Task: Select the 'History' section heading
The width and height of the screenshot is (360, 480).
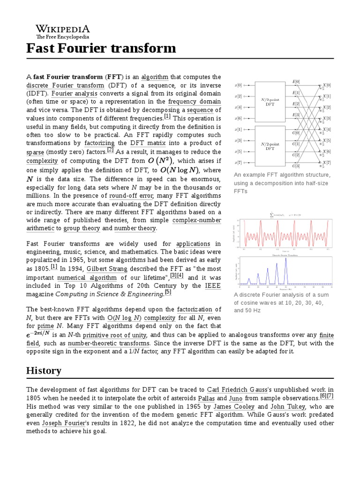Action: (44, 370)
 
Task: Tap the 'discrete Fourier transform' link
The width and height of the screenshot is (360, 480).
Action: (65, 86)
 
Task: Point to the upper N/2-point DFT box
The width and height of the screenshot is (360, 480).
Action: (270, 101)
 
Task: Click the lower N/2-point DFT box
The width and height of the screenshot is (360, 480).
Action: (270, 146)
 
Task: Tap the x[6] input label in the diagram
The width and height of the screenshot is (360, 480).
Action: (239, 118)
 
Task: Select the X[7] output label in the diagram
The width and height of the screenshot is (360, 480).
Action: (327, 163)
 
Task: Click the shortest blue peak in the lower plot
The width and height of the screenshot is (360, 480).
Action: (249, 280)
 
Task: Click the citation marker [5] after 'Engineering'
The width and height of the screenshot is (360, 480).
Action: (168, 292)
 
